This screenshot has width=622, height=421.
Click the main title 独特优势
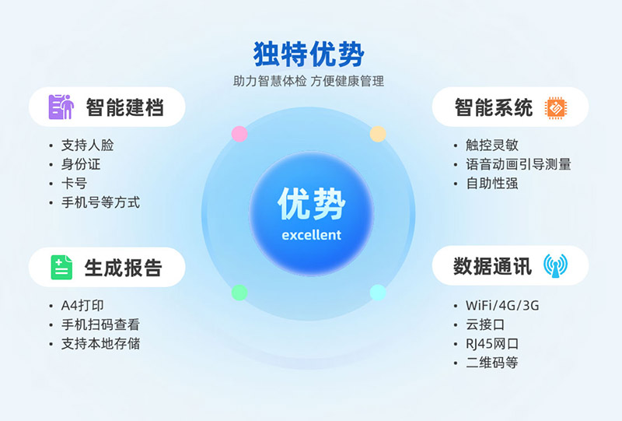(x=309, y=53)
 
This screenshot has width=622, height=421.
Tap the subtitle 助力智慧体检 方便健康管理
(x=309, y=81)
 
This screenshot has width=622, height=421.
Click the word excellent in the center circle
(x=311, y=235)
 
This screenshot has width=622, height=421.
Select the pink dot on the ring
(x=239, y=134)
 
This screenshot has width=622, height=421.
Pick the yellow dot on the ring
(x=378, y=134)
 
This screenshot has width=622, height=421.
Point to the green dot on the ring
(x=239, y=293)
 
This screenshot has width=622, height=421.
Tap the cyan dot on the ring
(x=378, y=293)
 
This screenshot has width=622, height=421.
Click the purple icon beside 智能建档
(x=61, y=107)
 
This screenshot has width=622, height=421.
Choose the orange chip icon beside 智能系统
(x=555, y=107)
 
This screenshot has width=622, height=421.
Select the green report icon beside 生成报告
(x=61, y=267)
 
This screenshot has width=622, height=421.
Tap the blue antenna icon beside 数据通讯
(x=555, y=266)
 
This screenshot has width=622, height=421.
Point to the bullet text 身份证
(x=81, y=164)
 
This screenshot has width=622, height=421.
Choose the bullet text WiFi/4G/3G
(x=501, y=305)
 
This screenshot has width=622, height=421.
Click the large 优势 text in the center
(x=311, y=205)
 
